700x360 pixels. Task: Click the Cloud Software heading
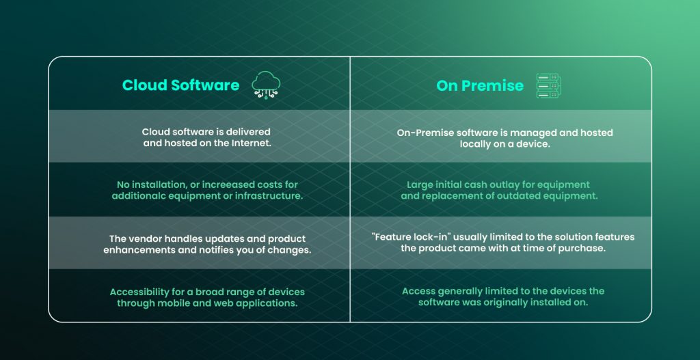(180, 85)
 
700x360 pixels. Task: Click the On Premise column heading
(480, 86)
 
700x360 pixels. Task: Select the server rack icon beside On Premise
(548, 86)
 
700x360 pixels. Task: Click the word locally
(479, 143)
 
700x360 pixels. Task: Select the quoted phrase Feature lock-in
(409, 237)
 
